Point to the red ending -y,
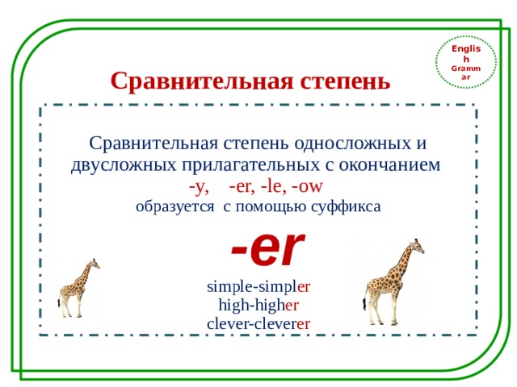coord(198,187)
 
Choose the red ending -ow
coord(308,187)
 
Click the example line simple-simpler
coord(258,286)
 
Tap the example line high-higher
coord(258,305)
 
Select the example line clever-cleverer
coord(258,323)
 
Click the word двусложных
coord(117,166)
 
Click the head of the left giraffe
coord(95,262)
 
